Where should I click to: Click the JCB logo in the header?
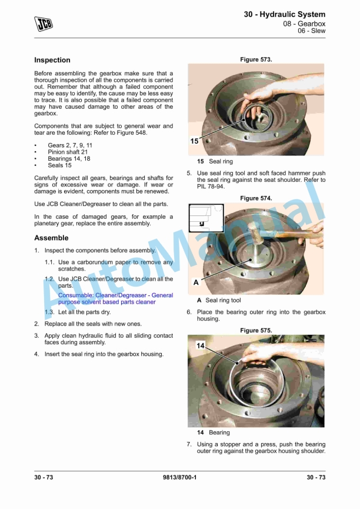[x=44, y=23]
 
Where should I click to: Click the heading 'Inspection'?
[x=52, y=60]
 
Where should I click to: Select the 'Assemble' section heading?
[x=51, y=238]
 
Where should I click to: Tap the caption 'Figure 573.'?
[x=256, y=59]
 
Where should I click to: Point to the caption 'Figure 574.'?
[x=256, y=198]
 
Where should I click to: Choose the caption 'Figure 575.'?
[x=256, y=331]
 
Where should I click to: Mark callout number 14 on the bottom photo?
[x=201, y=346]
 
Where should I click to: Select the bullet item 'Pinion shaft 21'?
[x=68, y=152]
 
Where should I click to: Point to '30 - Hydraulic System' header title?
[x=285, y=14]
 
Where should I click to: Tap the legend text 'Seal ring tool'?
[x=223, y=300]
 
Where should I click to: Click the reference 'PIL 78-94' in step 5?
[x=210, y=187]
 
